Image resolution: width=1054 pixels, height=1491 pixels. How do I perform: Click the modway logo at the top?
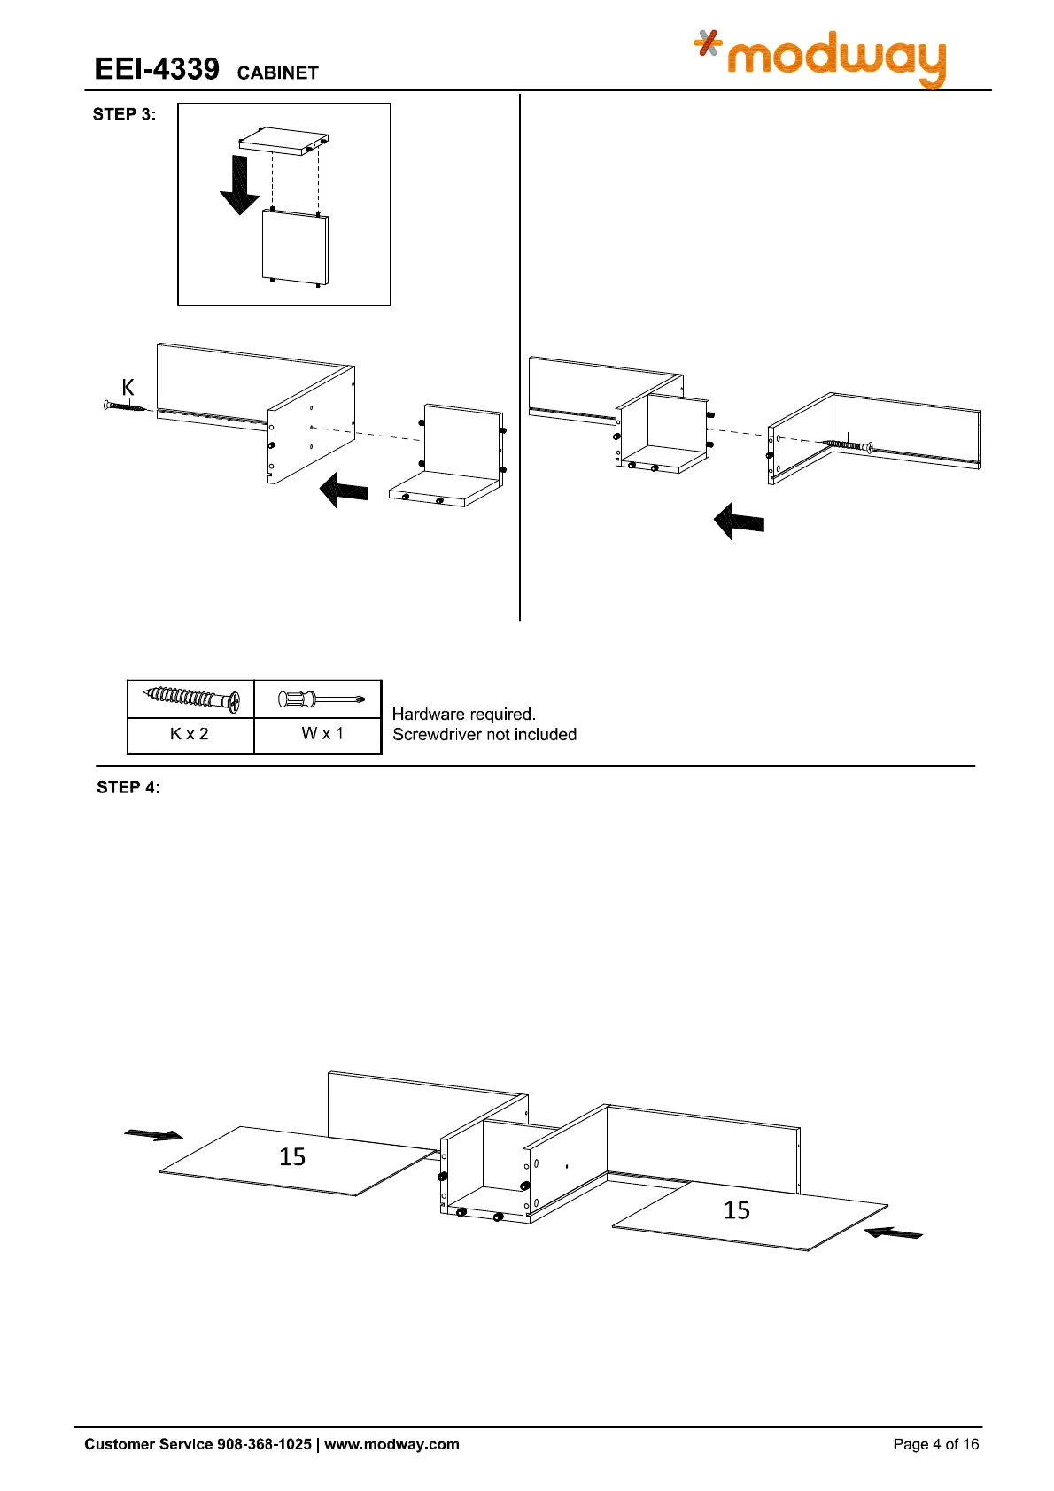821,58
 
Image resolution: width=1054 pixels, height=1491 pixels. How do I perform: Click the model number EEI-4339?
157,69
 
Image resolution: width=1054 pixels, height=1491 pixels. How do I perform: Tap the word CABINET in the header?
277,73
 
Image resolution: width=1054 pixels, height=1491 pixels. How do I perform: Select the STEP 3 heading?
124,114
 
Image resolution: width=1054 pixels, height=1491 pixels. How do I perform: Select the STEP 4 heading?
128,787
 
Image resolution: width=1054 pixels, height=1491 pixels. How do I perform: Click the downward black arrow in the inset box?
239,184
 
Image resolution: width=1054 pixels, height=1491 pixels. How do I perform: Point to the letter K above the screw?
128,387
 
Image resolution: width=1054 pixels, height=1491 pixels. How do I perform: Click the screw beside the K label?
126,406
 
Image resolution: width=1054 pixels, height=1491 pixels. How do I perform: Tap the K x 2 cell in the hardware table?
190,734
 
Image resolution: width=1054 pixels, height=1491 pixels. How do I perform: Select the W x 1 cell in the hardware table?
322,733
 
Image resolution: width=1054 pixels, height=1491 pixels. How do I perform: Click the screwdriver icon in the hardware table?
321,699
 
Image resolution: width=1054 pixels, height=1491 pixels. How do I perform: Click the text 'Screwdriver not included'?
484,734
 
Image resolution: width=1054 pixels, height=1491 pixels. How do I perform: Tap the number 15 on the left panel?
292,1156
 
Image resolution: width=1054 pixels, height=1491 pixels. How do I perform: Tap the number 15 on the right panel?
736,1209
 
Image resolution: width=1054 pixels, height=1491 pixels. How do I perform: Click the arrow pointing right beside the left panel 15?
154,1134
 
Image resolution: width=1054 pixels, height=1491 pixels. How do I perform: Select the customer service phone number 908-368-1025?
264,1444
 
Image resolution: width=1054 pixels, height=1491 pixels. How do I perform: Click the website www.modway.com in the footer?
391,1444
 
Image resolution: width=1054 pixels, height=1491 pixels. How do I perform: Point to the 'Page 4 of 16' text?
935,1444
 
